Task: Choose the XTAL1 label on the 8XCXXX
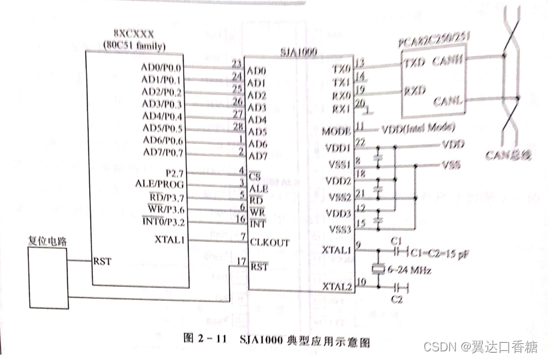point(169,239)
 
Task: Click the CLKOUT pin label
point(269,243)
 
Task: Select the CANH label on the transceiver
point(448,61)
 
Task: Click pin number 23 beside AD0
point(236,64)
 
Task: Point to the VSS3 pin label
point(336,228)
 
